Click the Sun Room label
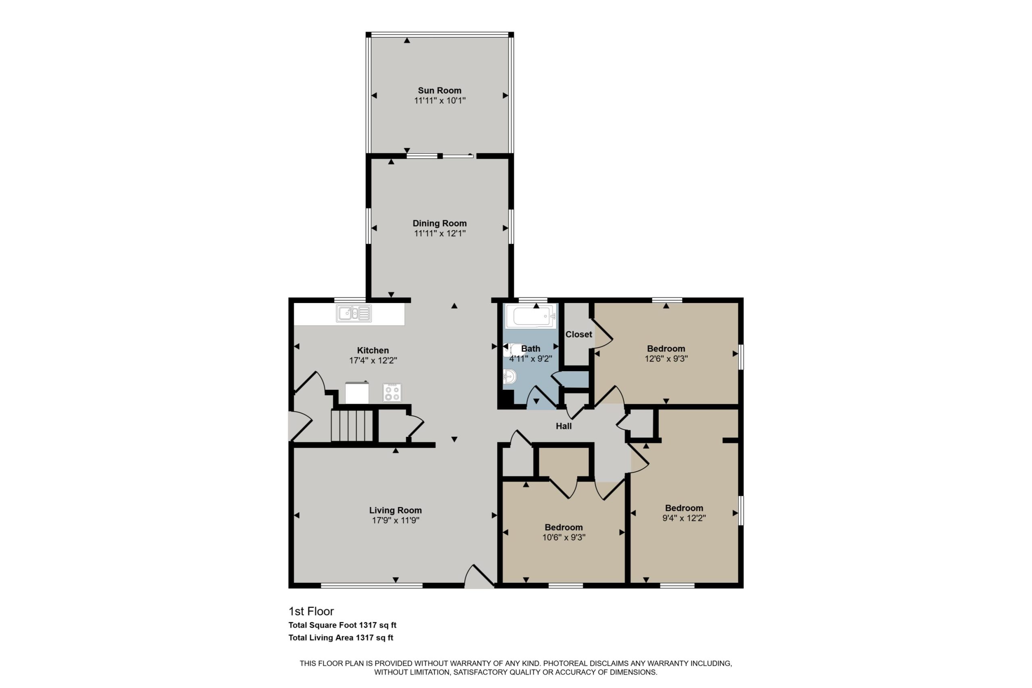point(439,90)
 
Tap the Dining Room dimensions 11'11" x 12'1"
point(439,233)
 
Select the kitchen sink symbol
point(354,313)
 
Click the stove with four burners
point(392,392)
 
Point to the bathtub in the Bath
point(531,316)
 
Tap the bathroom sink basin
point(510,376)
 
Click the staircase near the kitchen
point(352,425)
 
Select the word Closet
point(578,335)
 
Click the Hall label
point(564,426)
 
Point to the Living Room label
point(395,510)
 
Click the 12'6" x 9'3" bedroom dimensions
point(666,358)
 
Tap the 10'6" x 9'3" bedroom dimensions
point(564,538)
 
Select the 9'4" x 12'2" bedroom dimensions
point(684,518)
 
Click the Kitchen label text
point(372,350)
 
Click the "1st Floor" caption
point(311,611)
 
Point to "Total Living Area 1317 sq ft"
point(341,638)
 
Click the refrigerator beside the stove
point(357,392)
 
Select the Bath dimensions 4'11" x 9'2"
point(531,358)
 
